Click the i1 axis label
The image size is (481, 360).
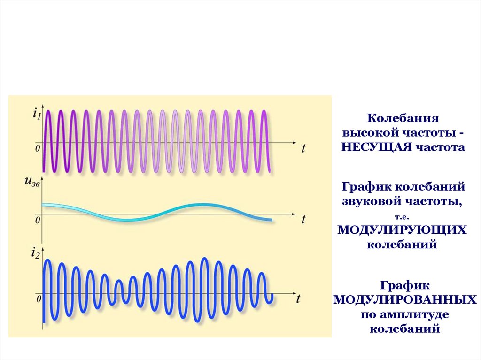click(37, 114)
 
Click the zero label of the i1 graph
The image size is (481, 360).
click(38, 148)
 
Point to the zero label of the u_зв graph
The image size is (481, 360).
click(38, 220)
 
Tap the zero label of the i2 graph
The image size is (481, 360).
click(39, 299)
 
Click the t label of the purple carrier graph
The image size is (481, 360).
click(303, 148)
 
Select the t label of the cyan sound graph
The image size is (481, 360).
click(303, 219)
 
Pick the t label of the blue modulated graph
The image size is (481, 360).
click(298, 299)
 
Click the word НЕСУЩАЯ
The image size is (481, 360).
click(376, 147)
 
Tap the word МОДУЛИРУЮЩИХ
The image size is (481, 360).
click(402, 230)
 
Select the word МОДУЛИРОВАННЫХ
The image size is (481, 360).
click(405, 299)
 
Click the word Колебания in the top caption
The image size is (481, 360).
click(403, 118)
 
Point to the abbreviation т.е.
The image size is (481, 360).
click(402, 217)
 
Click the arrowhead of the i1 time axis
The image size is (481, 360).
click(295, 143)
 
